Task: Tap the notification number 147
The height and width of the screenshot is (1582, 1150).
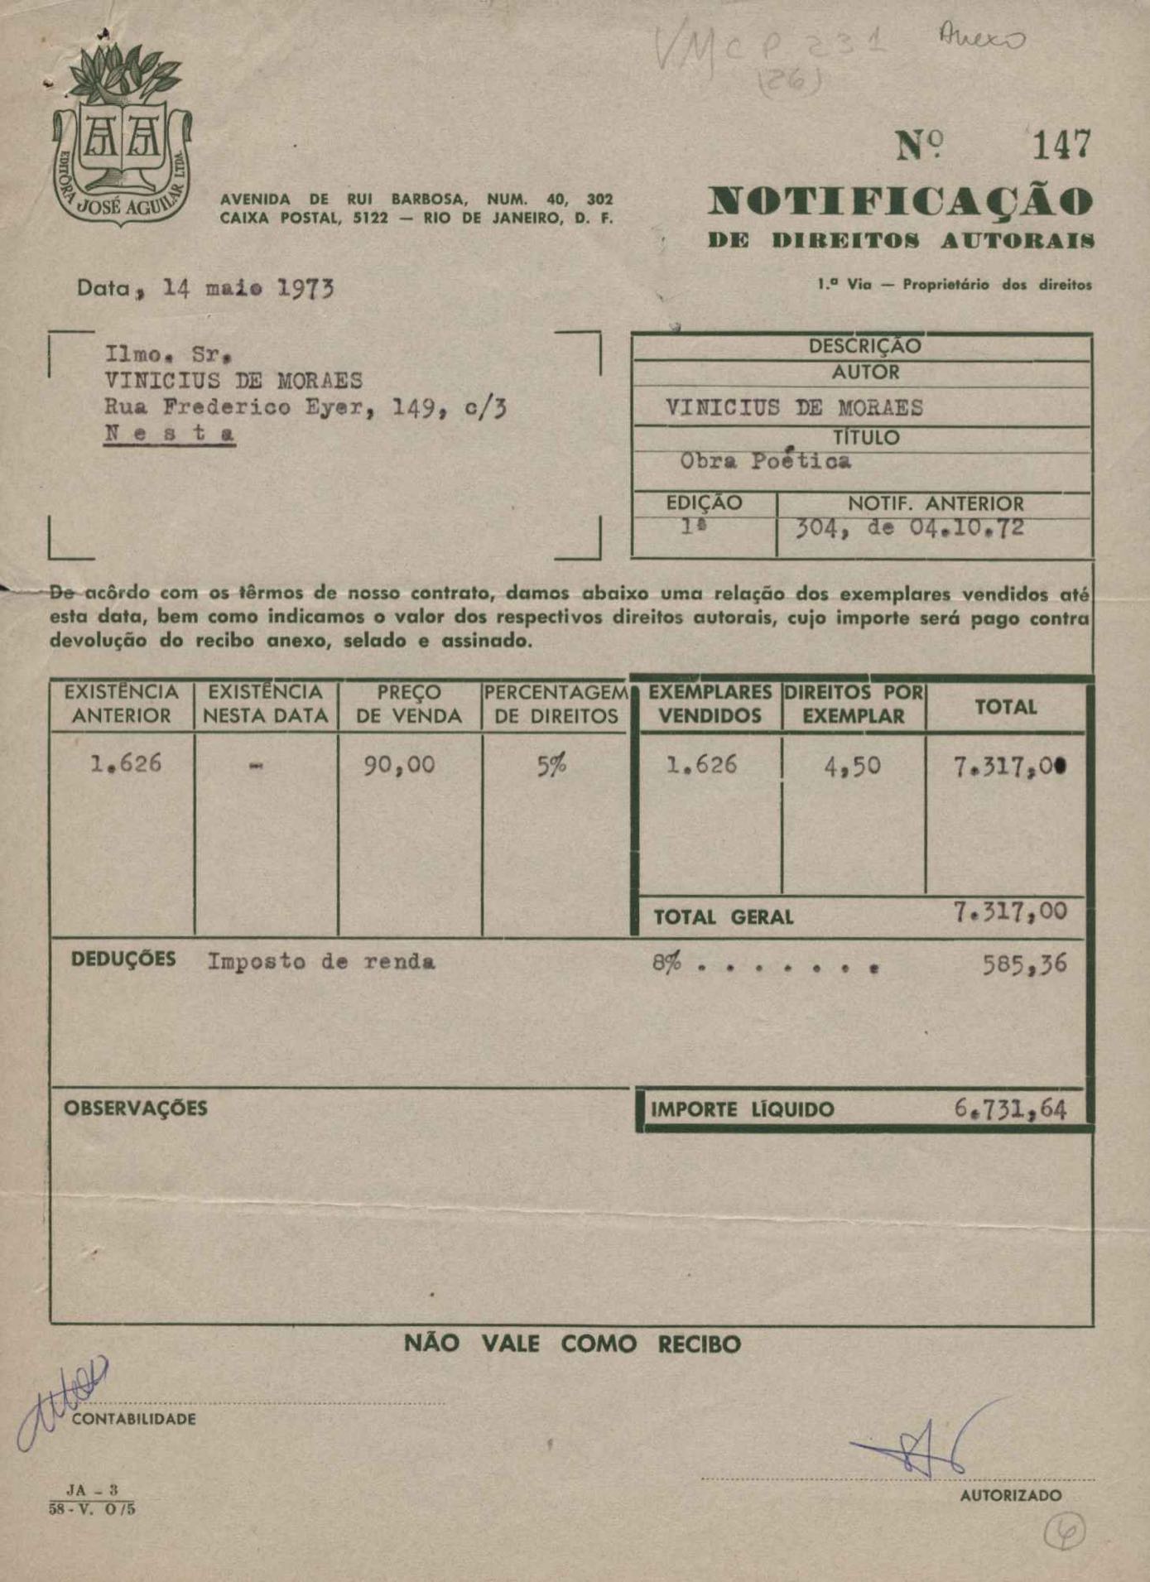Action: pyautogui.click(x=1061, y=147)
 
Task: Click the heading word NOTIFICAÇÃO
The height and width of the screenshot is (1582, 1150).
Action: pyautogui.click(x=900, y=202)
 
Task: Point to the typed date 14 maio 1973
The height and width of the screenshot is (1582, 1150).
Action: pyautogui.click(x=248, y=288)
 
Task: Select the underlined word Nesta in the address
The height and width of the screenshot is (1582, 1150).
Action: pyautogui.click(x=170, y=433)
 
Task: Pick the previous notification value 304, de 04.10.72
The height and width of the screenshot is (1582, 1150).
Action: pyautogui.click(x=910, y=528)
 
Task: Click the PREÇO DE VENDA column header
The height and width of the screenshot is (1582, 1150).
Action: pyautogui.click(x=408, y=704)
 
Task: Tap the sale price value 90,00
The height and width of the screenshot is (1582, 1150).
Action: pyautogui.click(x=399, y=765)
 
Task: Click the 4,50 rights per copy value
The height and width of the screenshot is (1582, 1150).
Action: pyautogui.click(x=852, y=766)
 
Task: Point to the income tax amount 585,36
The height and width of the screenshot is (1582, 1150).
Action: pyautogui.click(x=1024, y=964)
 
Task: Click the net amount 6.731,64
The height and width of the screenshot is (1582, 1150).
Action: pyautogui.click(x=1010, y=1108)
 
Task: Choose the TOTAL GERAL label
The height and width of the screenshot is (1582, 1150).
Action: pyautogui.click(x=723, y=917)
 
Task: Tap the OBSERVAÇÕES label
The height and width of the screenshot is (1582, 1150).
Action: pyautogui.click(x=135, y=1108)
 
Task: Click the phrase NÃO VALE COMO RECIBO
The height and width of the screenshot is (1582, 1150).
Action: pyautogui.click(x=572, y=1343)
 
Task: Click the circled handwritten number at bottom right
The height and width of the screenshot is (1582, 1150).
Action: pyautogui.click(x=1064, y=1532)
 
